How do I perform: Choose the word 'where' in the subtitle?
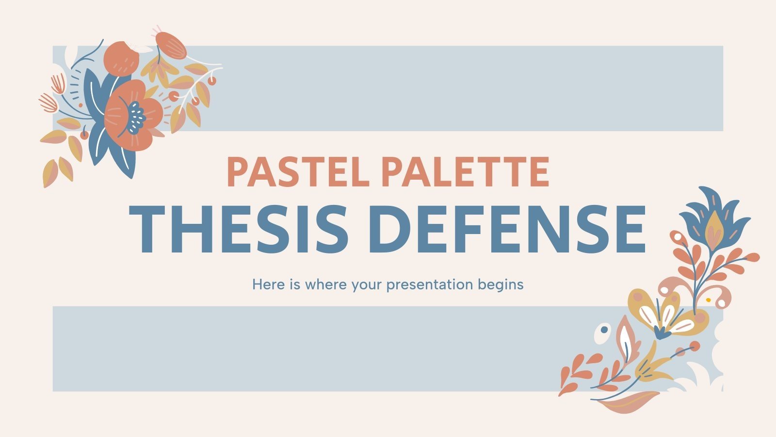[x=326, y=284]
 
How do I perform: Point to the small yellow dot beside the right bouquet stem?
[x=708, y=300]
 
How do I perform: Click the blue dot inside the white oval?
[x=604, y=330]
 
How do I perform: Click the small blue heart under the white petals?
[x=661, y=333]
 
